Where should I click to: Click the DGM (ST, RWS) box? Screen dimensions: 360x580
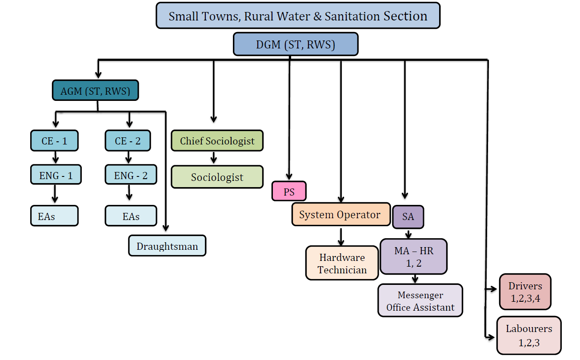pos(296,45)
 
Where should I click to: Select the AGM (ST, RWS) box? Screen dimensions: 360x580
pos(96,91)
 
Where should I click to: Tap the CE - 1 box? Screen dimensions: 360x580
pos(54,141)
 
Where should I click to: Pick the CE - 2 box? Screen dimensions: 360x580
pos(128,141)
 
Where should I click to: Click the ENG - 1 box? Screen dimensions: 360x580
pos(56,175)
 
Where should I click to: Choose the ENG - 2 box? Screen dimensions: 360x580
pos(131,175)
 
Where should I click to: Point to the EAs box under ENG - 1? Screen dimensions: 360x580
pos(54,216)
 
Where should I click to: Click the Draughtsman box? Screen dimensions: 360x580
pos(167,246)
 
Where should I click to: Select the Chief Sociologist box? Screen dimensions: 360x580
pos(217,141)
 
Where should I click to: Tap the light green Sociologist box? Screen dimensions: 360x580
pos(217,177)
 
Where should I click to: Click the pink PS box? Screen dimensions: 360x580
pos(289,192)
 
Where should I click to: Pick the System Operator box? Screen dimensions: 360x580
pos(340,215)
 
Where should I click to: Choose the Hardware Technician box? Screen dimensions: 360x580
pos(342,263)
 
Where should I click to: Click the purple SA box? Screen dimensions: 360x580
pos(408,216)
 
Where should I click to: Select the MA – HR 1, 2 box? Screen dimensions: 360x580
pos(414,257)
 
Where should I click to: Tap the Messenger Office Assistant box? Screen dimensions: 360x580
pos(420,301)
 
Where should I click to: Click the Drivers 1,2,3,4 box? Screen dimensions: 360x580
pos(525,292)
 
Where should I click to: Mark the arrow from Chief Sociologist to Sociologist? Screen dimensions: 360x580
pos(214,157)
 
